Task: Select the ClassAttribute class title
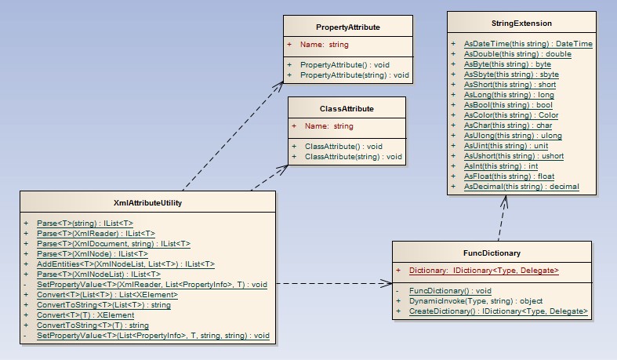pyautogui.click(x=347, y=108)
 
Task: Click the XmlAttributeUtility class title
pyautogui.click(x=147, y=203)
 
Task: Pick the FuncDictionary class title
pyautogui.click(x=492, y=253)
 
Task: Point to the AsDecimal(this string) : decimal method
pyautogui.click(x=521, y=187)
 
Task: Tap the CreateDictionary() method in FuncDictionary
pyautogui.click(x=498, y=311)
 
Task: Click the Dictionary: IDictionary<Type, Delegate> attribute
pyautogui.click(x=483, y=271)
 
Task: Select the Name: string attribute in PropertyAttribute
pyautogui.click(x=326, y=45)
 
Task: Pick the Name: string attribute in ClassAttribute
pyautogui.click(x=328, y=125)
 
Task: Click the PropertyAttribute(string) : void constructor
pyautogui.click(x=355, y=75)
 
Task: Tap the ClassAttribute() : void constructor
pyautogui.click(x=343, y=147)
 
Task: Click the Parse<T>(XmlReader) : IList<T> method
pyautogui.click(x=96, y=234)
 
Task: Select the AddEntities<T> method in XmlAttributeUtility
pyautogui.click(x=125, y=264)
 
